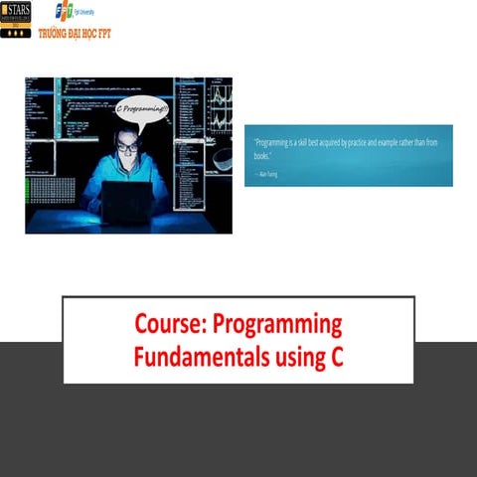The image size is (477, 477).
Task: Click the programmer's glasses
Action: pyautogui.click(x=127, y=147)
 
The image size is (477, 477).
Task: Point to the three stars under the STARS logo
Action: pyautogui.click(x=16, y=32)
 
